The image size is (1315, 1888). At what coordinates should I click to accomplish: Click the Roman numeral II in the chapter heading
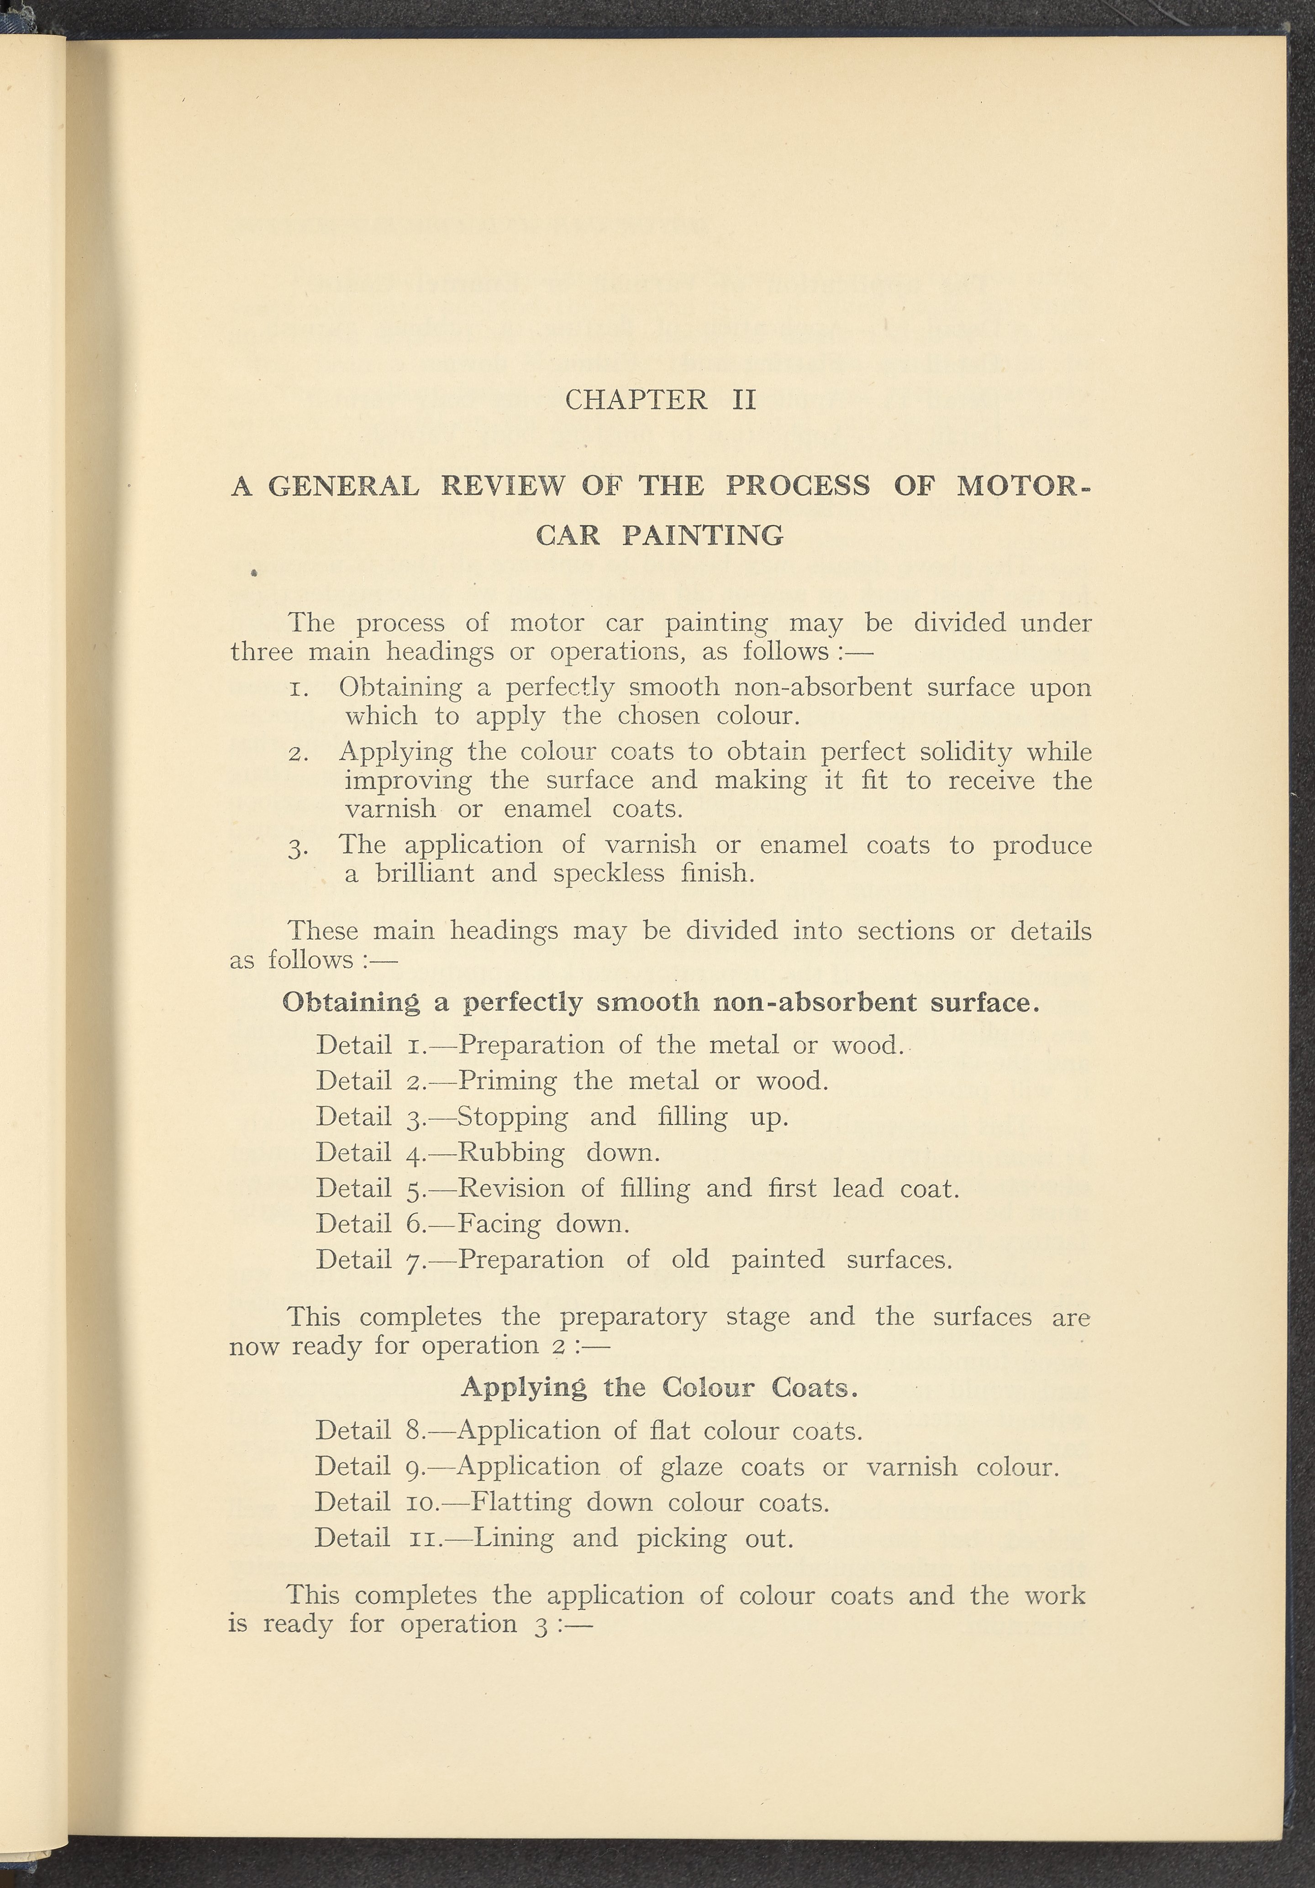[743, 400]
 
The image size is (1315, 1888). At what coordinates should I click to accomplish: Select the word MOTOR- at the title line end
[1024, 486]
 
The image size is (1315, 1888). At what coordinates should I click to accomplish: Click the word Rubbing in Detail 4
[510, 1153]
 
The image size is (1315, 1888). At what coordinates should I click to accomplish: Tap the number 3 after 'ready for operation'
[540, 1626]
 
